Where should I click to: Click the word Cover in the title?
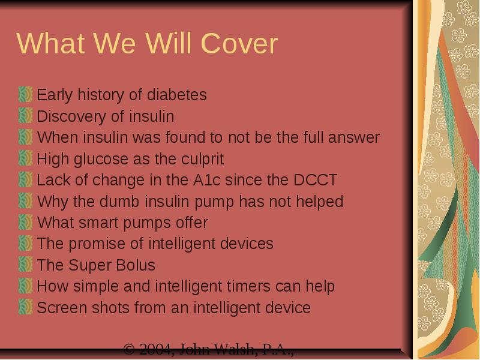[x=239, y=43]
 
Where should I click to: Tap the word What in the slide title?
[x=51, y=43]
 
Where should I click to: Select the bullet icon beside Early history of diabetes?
[x=25, y=94]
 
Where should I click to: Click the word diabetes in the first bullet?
[x=177, y=95]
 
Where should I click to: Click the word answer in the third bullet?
[x=354, y=137]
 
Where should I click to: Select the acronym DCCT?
[x=316, y=180]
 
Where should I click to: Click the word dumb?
[x=119, y=202]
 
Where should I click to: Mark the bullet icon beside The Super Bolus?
[x=25, y=265]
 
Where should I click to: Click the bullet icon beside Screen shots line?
[x=25, y=307]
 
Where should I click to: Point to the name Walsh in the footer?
[x=234, y=349]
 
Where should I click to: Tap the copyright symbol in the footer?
[x=129, y=349]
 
